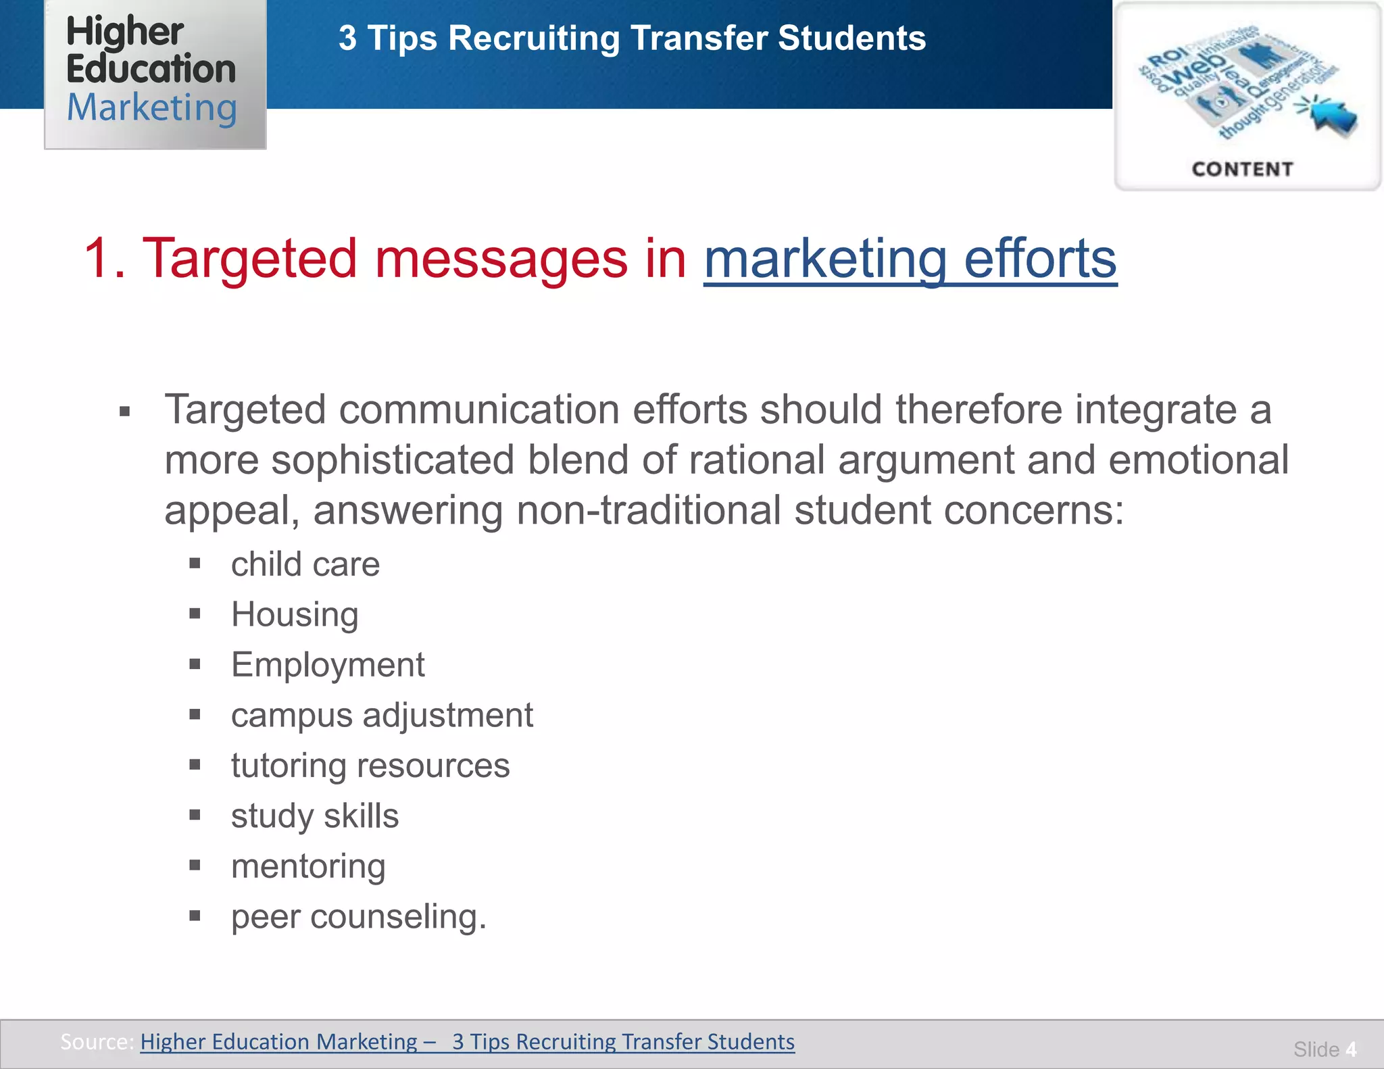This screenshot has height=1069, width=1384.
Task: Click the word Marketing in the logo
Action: (x=152, y=108)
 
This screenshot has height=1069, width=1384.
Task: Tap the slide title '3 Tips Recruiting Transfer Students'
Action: (x=632, y=38)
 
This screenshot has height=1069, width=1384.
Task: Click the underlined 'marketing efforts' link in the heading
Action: (x=910, y=259)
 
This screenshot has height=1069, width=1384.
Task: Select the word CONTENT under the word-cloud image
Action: (x=1242, y=169)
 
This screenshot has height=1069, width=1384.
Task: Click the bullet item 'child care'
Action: (x=305, y=564)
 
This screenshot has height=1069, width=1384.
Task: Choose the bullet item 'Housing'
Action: (x=295, y=614)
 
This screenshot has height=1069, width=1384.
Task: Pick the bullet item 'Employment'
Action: (x=328, y=665)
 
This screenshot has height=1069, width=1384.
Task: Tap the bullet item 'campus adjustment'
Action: (x=382, y=715)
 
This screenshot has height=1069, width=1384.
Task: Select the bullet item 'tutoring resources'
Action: (x=370, y=766)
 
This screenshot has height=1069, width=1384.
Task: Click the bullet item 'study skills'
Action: (x=315, y=816)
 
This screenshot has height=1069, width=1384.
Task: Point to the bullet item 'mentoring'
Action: (x=308, y=866)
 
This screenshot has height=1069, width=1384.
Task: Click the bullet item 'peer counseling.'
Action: (x=359, y=917)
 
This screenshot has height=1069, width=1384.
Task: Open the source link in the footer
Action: (x=467, y=1041)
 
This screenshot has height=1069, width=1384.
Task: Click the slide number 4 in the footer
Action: (x=1350, y=1049)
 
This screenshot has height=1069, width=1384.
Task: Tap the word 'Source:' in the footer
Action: (x=97, y=1041)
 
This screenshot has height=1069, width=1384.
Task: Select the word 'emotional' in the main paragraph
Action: (x=1198, y=460)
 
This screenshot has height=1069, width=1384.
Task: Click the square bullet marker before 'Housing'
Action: (x=195, y=614)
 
